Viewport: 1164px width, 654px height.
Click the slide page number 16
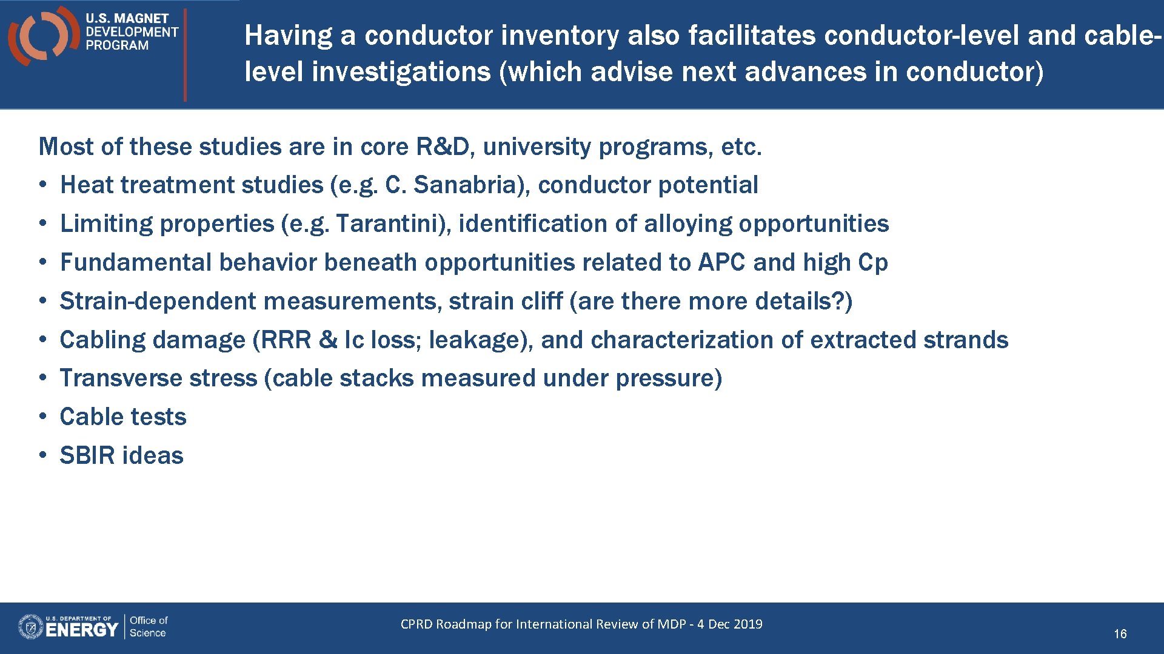click(x=1120, y=634)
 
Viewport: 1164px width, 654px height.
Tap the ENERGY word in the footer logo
click(x=82, y=630)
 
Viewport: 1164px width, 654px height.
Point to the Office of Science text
click(x=148, y=627)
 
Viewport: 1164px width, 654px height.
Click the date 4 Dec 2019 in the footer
click(x=729, y=624)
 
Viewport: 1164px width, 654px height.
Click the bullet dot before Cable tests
click(x=43, y=417)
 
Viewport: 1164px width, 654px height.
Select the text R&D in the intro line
click(x=443, y=147)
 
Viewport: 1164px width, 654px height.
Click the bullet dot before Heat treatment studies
click(x=43, y=185)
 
